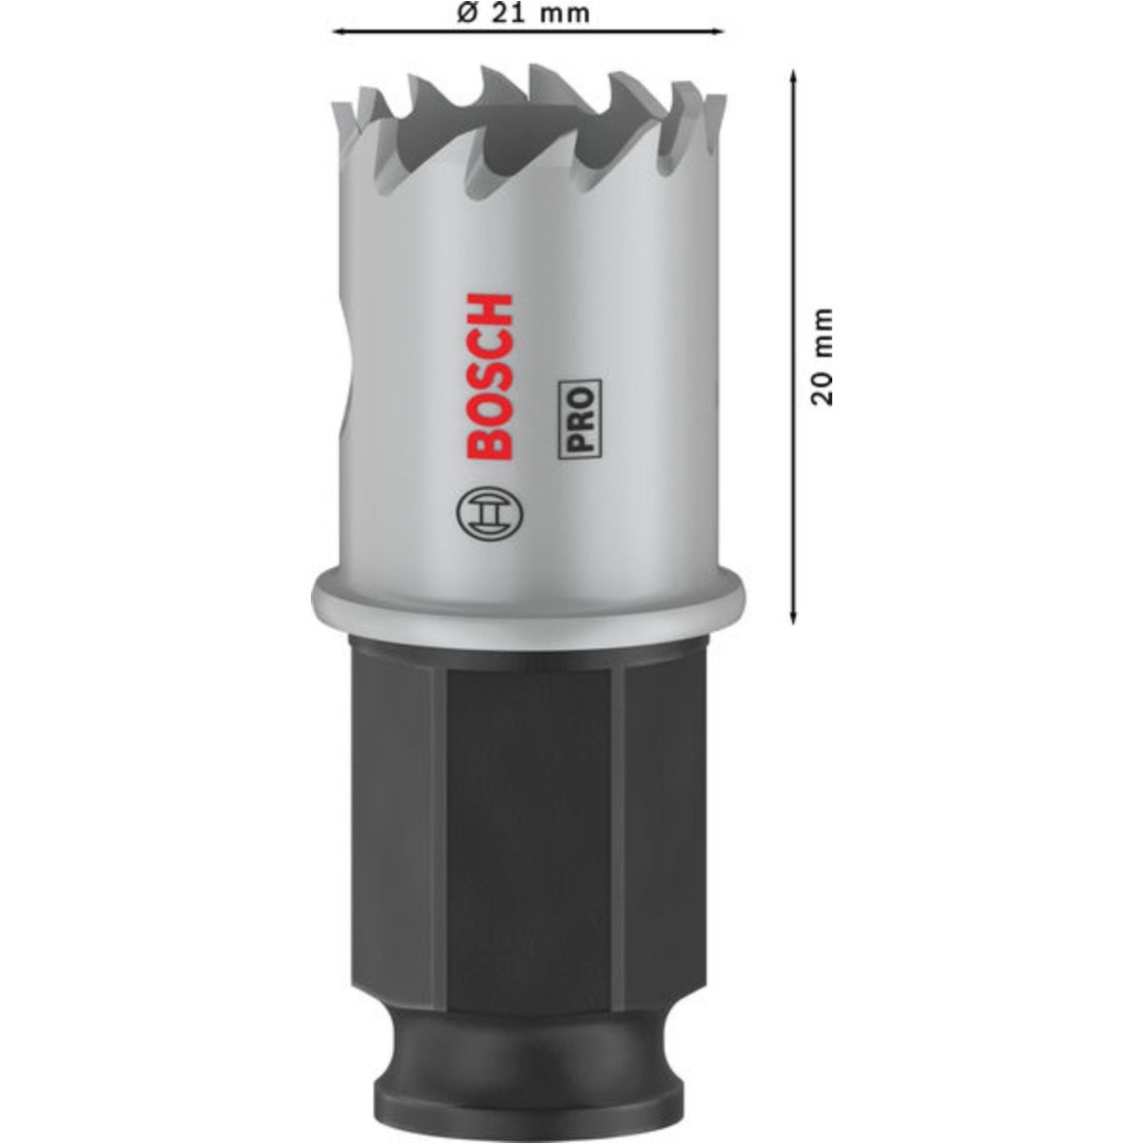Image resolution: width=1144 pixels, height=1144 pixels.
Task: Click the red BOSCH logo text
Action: coord(490,377)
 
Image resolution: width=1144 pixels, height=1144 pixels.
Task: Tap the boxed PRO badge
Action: coord(580,420)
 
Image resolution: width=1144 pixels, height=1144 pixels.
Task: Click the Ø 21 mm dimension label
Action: coord(523,13)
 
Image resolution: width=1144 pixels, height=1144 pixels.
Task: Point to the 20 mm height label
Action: coord(822,357)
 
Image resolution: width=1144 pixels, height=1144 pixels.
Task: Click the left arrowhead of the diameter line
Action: coord(339,31)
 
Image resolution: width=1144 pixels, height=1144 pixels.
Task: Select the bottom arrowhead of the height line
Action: coord(793,616)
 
